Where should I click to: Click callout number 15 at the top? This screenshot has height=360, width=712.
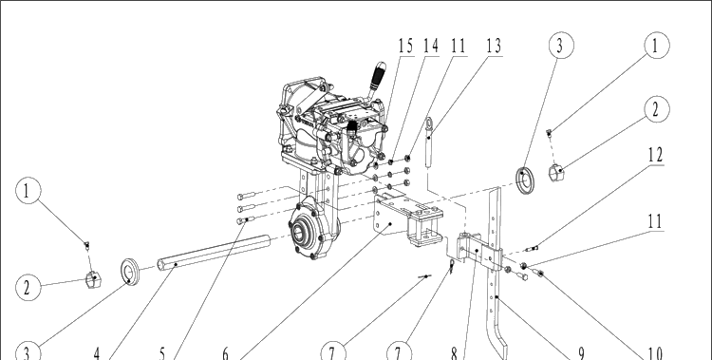click(x=406, y=46)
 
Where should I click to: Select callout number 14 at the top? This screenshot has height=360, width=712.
click(x=431, y=46)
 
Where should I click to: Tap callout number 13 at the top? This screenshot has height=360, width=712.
click(x=494, y=46)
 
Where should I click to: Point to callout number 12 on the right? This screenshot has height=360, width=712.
click(x=655, y=155)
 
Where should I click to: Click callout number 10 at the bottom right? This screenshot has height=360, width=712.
click(x=654, y=353)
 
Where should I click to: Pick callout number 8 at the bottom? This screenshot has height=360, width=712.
click(x=454, y=353)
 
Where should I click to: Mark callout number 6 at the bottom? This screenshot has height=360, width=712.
click(x=226, y=353)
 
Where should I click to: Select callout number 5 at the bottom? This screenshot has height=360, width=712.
click(x=162, y=353)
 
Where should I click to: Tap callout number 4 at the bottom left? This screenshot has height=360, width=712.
click(x=97, y=353)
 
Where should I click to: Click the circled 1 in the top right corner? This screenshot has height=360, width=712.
click(x=657, y=46)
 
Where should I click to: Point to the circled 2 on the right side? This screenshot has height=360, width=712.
click(x=657, y=109)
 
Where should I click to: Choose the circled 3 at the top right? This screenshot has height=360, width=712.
click(x=561, y=46)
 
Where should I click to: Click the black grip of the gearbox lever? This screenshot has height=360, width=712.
click(x=378, y=76)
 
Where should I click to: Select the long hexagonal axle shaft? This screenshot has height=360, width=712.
click(x=214, y=252)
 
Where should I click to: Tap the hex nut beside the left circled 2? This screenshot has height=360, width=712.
click(x=94, y=279)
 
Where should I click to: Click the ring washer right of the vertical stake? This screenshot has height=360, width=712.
click(x=525, y=180)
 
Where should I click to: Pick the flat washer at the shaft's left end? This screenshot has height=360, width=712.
click(x=129, y=272)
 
